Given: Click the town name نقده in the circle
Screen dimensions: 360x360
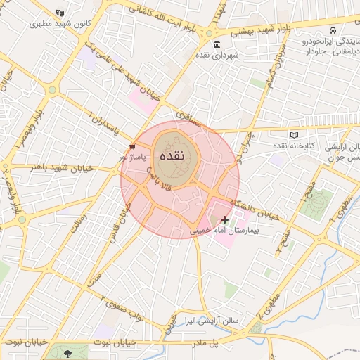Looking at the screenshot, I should [172, 156].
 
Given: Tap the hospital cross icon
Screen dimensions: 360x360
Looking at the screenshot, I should [224, 220].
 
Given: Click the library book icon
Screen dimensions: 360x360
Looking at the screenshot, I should [294, 135].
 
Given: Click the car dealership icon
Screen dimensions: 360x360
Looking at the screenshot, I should [331, 31].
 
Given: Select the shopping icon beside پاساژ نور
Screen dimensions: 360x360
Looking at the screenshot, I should [132, 146].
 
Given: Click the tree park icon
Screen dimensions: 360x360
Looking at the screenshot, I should [67, 353].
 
